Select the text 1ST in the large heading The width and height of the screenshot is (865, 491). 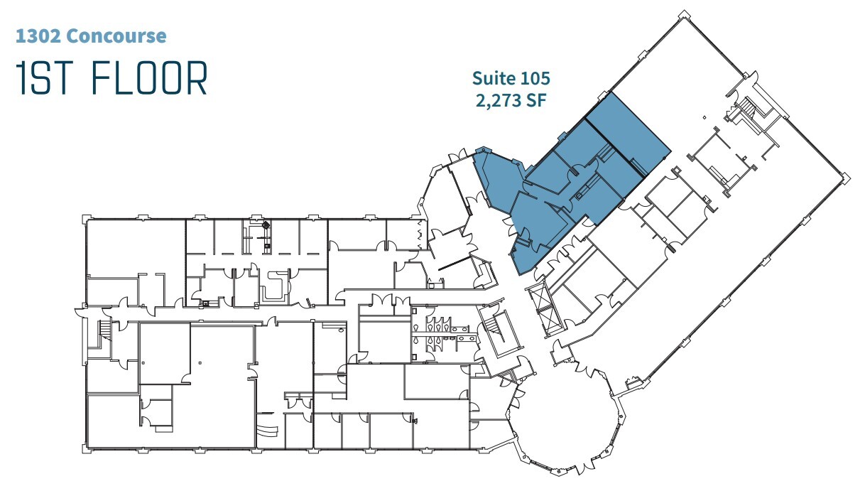[45, 79]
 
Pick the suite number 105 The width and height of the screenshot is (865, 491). [535, 77]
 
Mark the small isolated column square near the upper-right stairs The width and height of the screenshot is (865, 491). [704, 117]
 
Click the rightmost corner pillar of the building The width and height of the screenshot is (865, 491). [844, 178]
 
